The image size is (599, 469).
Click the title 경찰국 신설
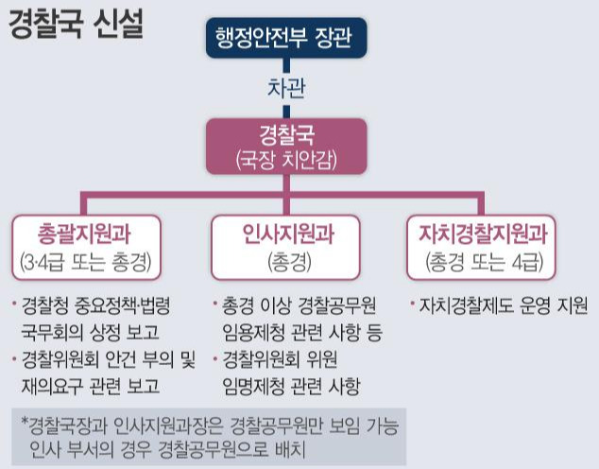(76, 24)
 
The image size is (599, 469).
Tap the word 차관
(286, 90)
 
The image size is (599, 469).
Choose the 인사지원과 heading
(286, 233)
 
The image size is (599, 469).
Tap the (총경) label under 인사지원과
(286, 259)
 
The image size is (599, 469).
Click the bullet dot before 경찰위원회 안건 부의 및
(15, 359)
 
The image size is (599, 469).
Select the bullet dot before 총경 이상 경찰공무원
(217, 306)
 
